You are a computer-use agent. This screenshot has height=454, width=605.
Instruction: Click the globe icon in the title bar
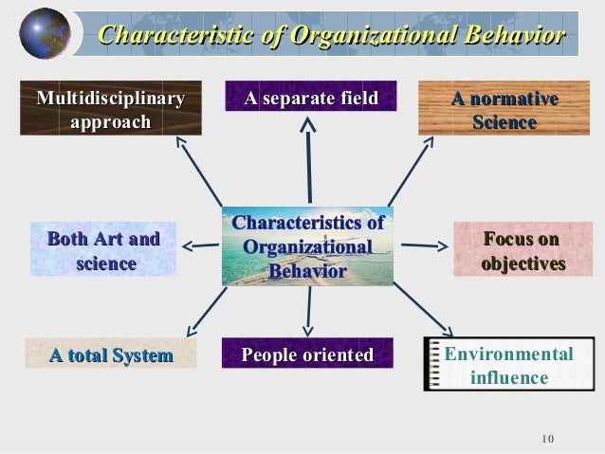pos(44,33)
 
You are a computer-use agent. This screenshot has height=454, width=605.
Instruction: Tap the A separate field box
pos(311,98)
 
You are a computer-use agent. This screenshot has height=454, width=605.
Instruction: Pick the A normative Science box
pos(504,109)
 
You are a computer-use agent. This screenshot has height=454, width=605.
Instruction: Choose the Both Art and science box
pos(104,250)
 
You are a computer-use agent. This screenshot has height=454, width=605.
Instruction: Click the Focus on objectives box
pos(522,250)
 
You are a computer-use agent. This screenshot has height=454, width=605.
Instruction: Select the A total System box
pos(111,355)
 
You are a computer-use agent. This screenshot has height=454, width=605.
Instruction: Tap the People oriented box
pos(307,354)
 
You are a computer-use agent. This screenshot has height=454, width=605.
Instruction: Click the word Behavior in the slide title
pos(510,36)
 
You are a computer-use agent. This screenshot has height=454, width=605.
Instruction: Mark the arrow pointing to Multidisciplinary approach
pos(200,171)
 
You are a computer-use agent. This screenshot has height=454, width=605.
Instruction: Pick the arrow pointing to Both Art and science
pos(200,246)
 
